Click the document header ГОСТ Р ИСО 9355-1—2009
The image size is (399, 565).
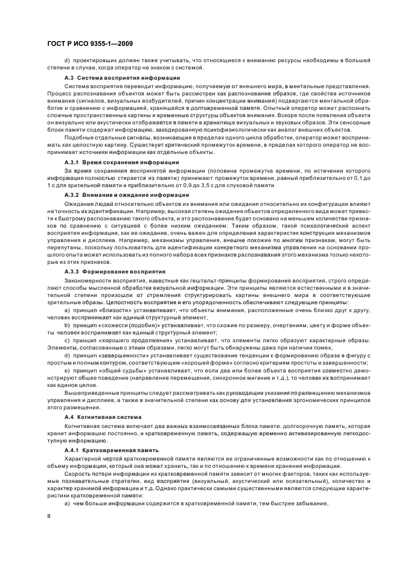[x=90, y=44]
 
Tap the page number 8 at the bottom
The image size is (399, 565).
[x=49, y=515]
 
